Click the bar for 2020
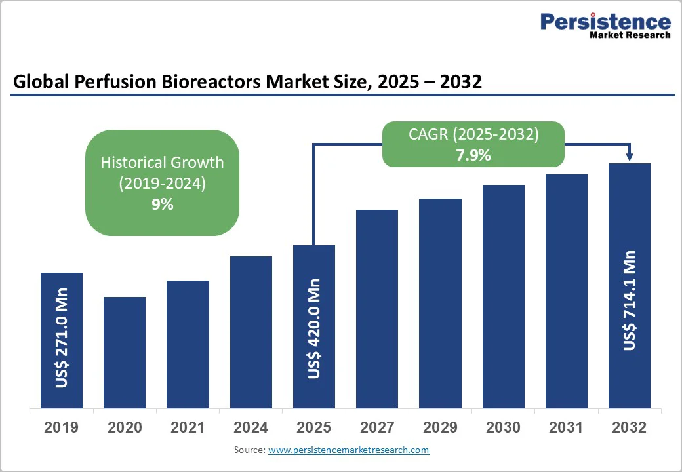pyautogui.click(x=125, y=352)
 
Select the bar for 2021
pyautogui.click(x=188, y=344)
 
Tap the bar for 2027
pyautogui.click(x=377, y=309)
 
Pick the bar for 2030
pyautogui.click(x=504, y=296)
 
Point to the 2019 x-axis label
pyautogui.click(x=61, y=427)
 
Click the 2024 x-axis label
pyautogui.click(x=251, y=427)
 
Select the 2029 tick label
pyautogui.click(x=440, y=427)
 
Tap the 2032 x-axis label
pyautogui.click(x=630, y=427)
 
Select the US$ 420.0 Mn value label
pyautogui.click(x=314, y=328)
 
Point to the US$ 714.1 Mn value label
pyautogui.click(x=630, y=300)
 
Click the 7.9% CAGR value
pyautogui.click(x=473, y=155)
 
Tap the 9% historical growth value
pyautogui.click(x=162, y=205)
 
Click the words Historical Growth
pyautogui.click(x=162, y=162)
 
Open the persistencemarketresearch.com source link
pyautogui.click(x=348, y=450)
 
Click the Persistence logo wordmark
pyautogui.click(x=605, y=21)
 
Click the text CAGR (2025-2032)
pyautogui.click(x=473, y=134)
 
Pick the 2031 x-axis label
pyautogui.click(x=567, y=427)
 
